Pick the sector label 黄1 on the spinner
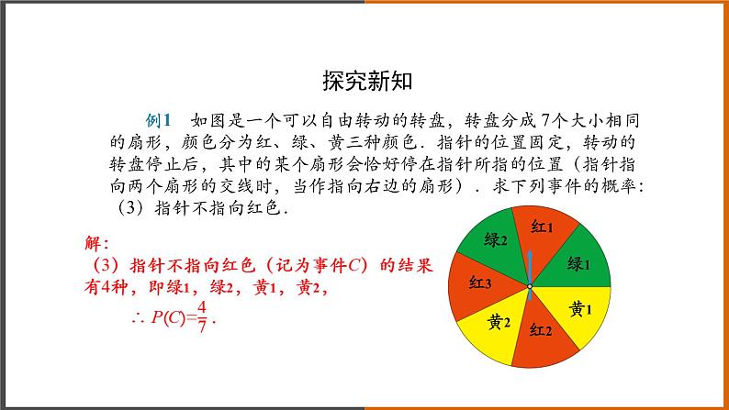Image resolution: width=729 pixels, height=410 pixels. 580,308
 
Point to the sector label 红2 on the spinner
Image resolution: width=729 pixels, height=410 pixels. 540,332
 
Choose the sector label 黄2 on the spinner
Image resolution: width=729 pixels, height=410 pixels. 499,321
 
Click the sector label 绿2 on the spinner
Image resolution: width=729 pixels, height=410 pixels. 496,240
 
